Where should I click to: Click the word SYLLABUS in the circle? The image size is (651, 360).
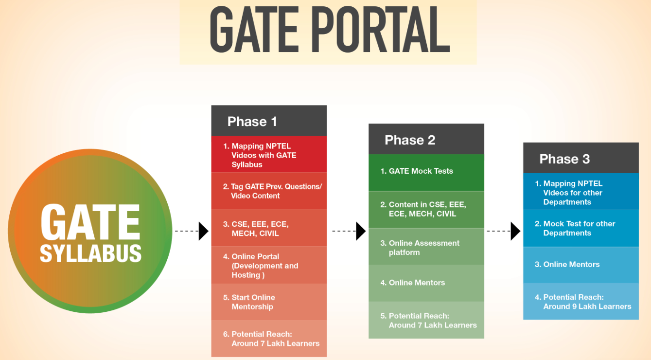[x=90, y=253]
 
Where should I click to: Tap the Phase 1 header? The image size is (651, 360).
[x=252, y=121]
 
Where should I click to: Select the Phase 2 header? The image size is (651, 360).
[x=409, y=140]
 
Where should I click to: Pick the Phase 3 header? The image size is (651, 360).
[x=564, y=159]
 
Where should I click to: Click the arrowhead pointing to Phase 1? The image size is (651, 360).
[x=203, y=231]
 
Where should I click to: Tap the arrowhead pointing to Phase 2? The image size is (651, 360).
[x=361, y=231]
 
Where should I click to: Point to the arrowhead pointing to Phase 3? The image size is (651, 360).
[x=515, y=231]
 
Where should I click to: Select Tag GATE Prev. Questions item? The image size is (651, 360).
[x=272, y=191]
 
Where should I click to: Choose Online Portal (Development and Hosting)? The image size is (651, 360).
[x=264, y=266]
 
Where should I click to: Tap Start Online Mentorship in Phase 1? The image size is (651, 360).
[x=253, y=302]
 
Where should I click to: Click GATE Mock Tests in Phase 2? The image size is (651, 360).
[x=421, y=171]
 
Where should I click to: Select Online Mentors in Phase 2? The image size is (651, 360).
[x=417, y=283]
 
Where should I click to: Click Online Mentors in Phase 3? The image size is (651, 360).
[x=571, y=265]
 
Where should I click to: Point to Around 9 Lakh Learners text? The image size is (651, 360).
[x=587, y=306]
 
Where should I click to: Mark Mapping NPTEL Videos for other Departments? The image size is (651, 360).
[x=573, y=193]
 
